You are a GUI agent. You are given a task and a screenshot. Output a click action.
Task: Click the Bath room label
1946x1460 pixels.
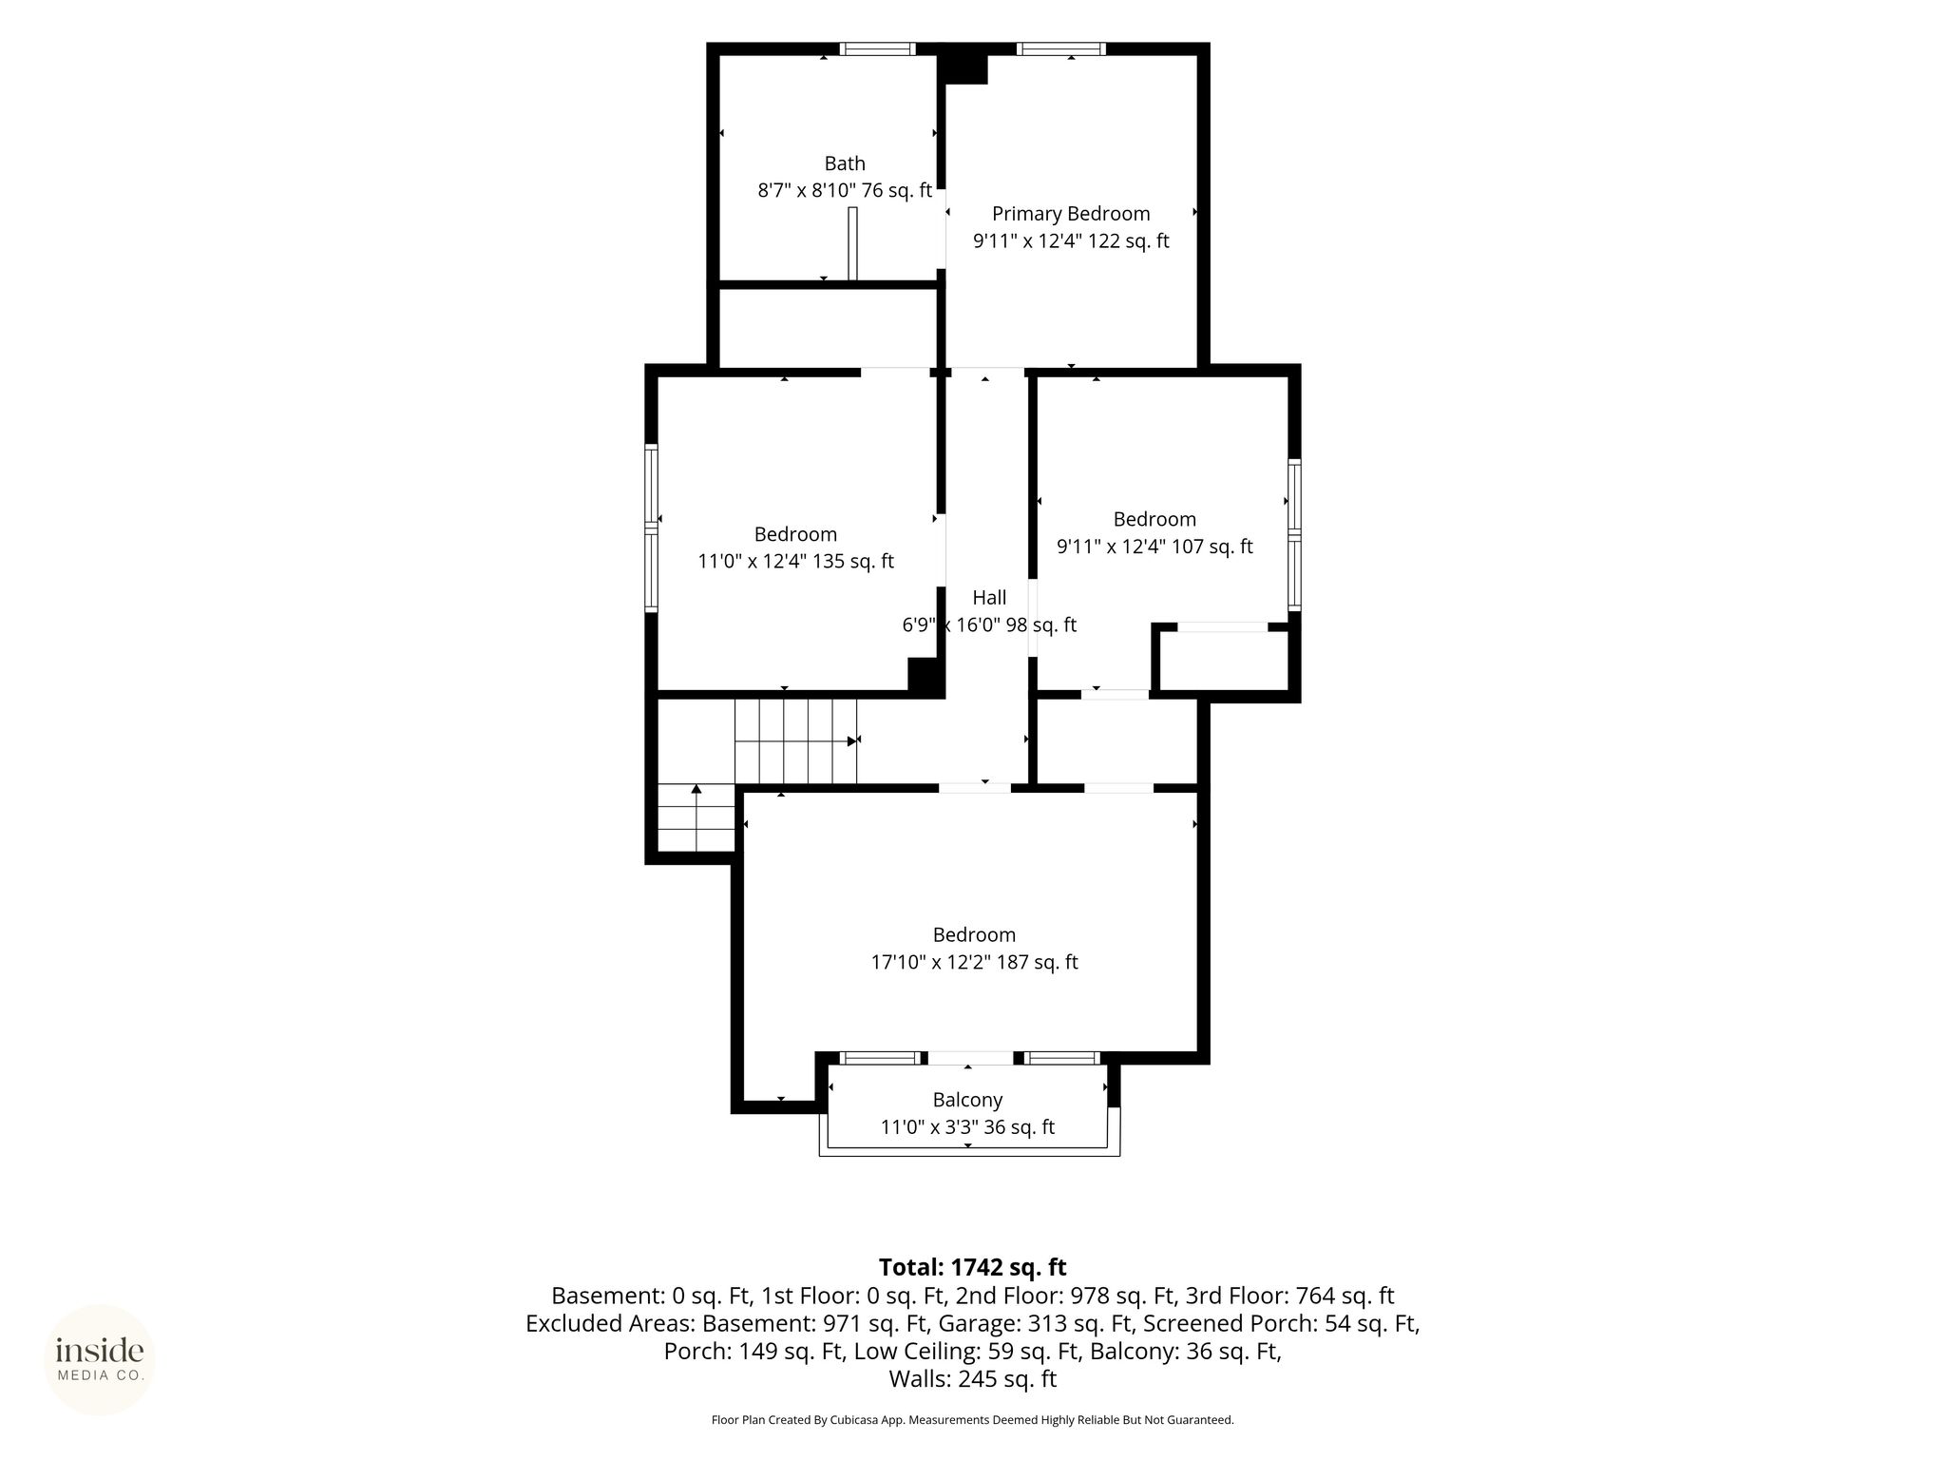click(845, 163)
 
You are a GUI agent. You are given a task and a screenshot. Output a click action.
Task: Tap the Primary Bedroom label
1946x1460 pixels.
click(1071, 214)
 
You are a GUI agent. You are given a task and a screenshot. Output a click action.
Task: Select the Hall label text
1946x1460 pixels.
click(989, 598)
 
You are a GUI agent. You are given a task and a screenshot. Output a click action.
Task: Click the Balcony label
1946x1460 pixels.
click(967, 1101)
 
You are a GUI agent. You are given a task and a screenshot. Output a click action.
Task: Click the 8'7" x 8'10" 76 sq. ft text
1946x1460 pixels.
click(845, 191)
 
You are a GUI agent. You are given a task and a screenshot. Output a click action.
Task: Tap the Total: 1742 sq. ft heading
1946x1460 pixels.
click(973, 1267)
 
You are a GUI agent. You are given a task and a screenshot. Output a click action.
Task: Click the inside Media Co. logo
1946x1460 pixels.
click(100, 1359)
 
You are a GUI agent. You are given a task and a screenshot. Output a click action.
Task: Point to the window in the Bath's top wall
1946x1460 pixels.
click(877, 48)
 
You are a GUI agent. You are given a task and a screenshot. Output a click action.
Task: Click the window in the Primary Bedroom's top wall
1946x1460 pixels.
click(1061, 48)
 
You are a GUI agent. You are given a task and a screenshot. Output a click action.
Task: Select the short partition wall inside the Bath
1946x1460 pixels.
click(852, 243)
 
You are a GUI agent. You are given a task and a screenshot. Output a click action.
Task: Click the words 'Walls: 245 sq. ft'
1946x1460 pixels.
click(973, 1378)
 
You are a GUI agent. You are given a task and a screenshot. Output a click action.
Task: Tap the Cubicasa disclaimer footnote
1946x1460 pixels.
click(973, 1420)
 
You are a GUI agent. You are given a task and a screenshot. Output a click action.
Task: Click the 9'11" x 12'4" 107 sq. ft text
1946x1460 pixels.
click(1154, 547)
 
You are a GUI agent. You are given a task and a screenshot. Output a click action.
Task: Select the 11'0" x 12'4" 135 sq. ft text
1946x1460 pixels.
click(796, 562)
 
